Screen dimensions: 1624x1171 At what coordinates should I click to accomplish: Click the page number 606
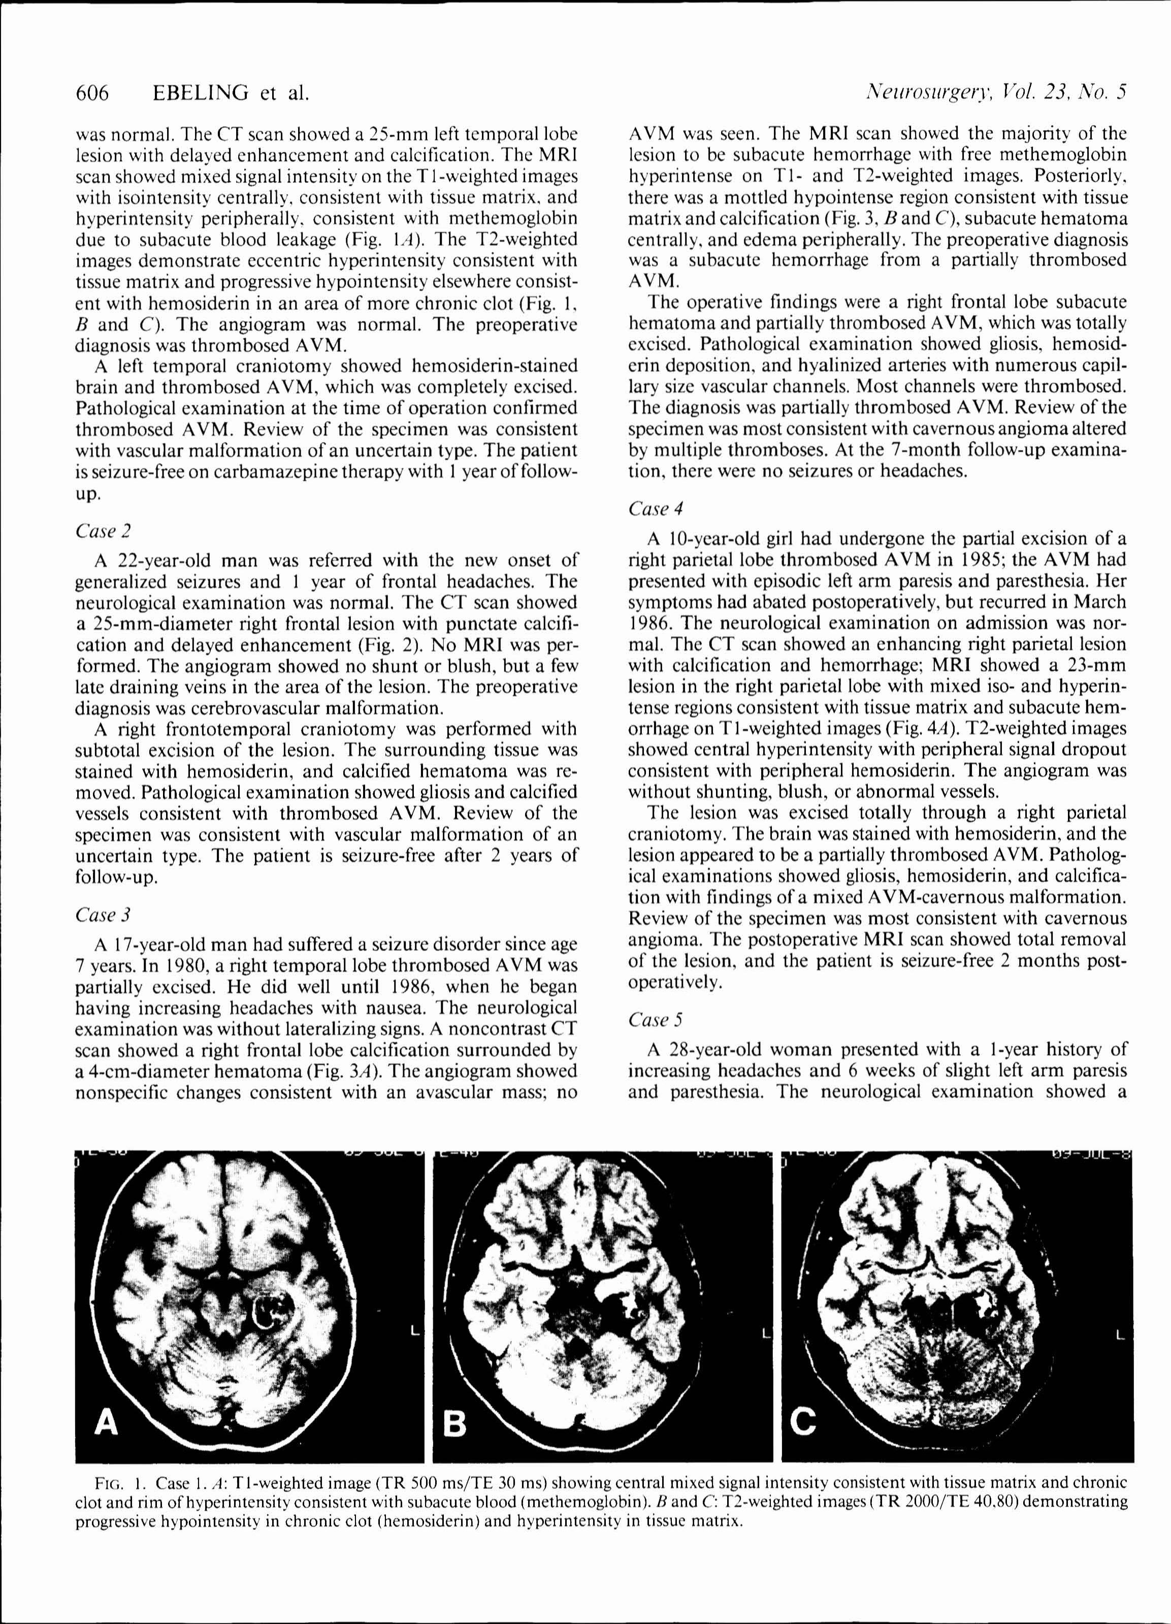[92, 93]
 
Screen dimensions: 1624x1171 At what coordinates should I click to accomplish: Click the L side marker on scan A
[415, 1333]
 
